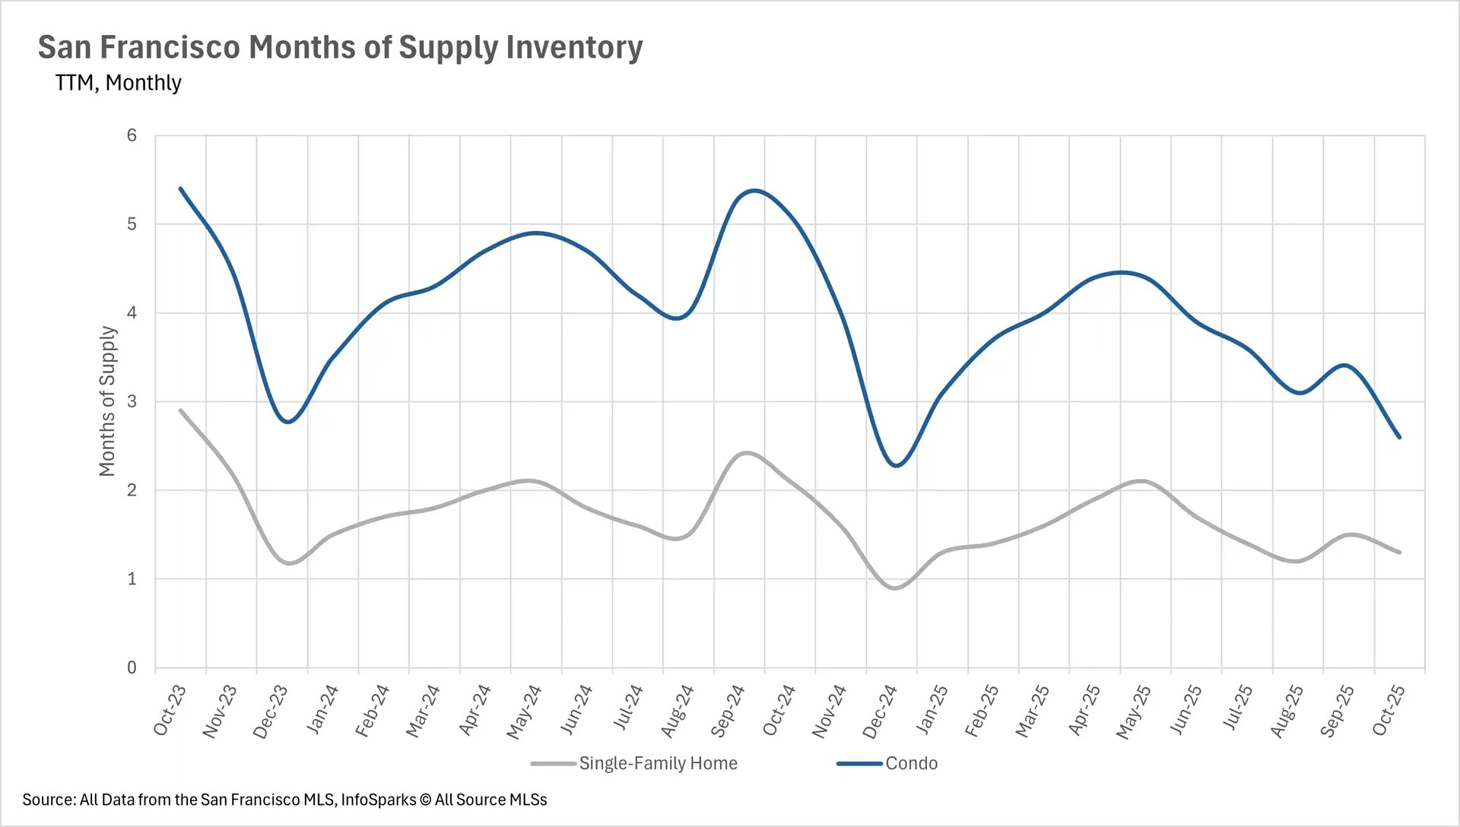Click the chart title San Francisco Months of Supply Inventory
[x=340, y=47]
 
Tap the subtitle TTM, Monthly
[x=118, y=82]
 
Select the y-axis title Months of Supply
[x=107, y=401]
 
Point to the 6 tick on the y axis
[x=132, y=135]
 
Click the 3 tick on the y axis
[x=132, y=401]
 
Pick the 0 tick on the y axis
[x=132, y=667]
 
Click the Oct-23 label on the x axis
[x=170, y=710]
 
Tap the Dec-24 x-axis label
[x=880, y=711]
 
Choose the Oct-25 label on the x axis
[x=1389, y=710]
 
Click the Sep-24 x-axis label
[x=728, y=711]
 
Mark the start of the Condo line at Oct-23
[x=181, y=189]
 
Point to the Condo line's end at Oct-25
[x=1399, y=437]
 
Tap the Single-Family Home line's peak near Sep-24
[x=747, y=453]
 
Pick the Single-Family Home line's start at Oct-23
[x=181, y=410]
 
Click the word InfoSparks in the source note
[x=378, y=800]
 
